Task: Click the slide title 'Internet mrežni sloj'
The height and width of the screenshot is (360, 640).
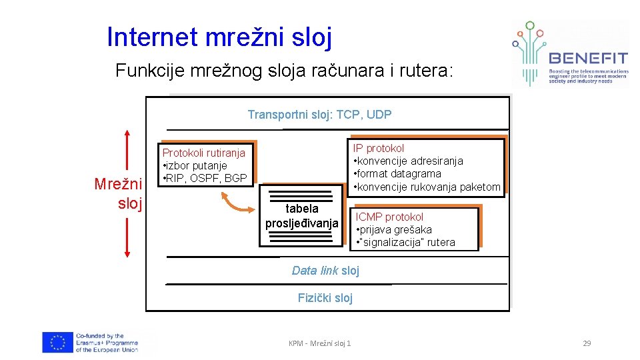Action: [219, 37]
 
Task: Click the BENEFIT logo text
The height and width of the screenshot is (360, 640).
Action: [587, 57]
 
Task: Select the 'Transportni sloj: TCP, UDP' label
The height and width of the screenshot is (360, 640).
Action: [319, 115]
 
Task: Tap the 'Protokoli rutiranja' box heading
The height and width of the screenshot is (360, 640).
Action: [204, 153]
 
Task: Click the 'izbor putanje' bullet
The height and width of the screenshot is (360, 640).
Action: [196, 165]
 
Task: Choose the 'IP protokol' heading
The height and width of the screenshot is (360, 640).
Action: [378, 148]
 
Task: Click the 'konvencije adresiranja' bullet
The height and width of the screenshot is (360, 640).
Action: [409, 161]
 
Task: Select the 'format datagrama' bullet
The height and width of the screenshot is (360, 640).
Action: [398, 174]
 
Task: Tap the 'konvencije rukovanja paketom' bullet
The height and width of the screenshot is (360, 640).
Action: [427, 187]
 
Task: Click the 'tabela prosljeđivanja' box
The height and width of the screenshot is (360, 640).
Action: [302, 216]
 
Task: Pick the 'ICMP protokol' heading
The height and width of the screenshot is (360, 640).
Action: [389, 217]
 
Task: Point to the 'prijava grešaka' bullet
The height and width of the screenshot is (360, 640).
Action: [395, 229]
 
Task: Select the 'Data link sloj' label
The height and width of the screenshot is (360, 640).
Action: [325, 270]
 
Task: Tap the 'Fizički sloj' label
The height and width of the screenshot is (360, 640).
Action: [325, 298]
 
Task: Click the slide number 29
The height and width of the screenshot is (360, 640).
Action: [587, 343]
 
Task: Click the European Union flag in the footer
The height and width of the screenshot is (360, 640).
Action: [57, 342]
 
